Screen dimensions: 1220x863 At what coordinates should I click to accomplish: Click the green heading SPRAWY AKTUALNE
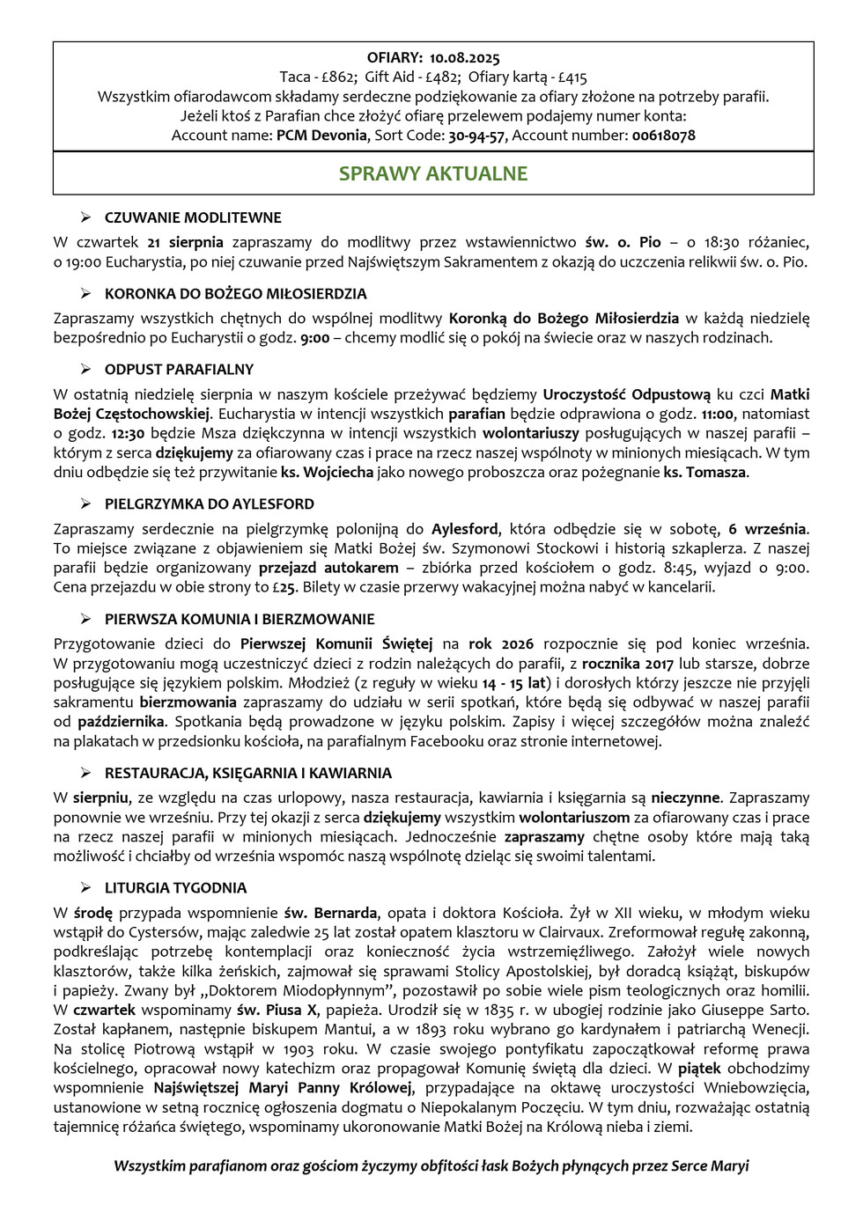(433, 173)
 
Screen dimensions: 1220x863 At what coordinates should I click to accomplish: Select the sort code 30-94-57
(476, 136)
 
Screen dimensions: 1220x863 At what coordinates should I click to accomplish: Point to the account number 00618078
(663, 136)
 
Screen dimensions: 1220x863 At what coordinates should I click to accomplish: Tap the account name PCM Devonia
(321, 136)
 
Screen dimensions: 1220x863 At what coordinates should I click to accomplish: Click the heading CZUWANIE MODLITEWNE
(193, 217)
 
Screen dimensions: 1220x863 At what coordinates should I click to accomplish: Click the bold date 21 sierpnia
(185, 242)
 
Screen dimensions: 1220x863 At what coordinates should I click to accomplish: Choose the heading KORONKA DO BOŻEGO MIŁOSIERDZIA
(235, 293)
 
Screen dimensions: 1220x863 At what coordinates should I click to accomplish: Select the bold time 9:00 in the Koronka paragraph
(314, 338)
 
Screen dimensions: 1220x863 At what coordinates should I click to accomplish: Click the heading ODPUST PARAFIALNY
(179, 369)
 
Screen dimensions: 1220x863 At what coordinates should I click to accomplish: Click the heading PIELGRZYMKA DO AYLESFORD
(209, 503)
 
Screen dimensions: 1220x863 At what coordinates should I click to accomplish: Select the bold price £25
(284, 587)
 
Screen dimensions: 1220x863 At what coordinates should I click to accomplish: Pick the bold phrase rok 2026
(499, 644)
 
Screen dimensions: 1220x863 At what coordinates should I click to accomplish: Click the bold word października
(121, 722)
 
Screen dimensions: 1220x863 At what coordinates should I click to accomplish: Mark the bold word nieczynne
(685, 798)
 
